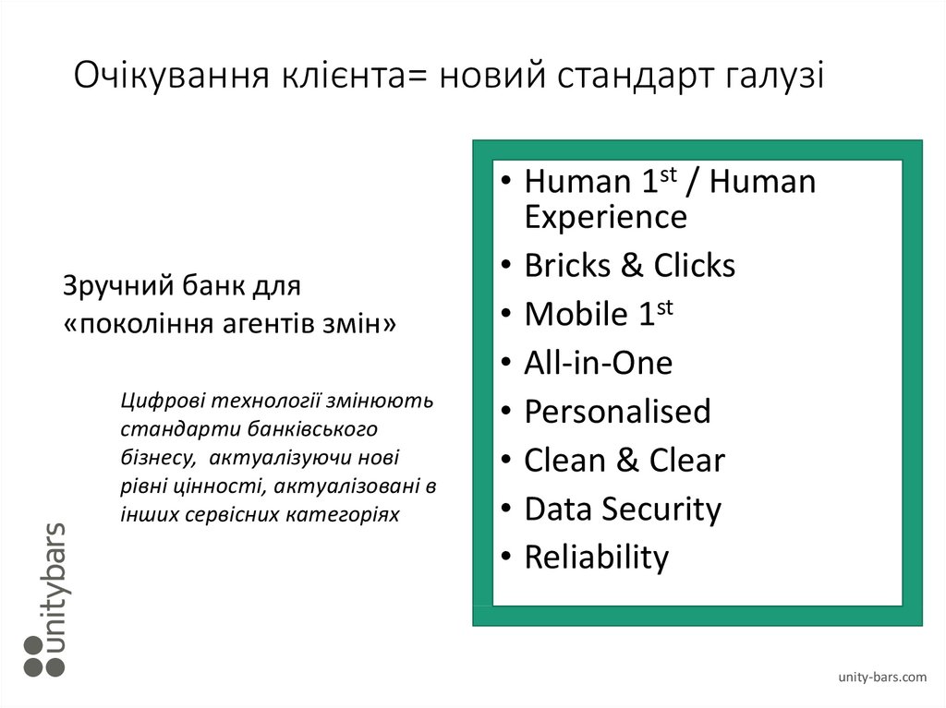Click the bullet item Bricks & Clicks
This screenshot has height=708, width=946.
tap(629, 266)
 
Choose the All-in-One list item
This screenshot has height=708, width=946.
tap(598, 363)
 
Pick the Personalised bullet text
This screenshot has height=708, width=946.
tap(617, 412)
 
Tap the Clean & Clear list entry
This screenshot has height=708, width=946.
tap(624, 460)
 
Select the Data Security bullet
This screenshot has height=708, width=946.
tap(622, 509)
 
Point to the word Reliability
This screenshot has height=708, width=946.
tap(596, 558)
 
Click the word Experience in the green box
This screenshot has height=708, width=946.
tap(605, 218)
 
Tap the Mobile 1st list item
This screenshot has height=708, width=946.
tap(598, 314)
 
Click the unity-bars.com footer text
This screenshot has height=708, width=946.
tap(882, 678)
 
